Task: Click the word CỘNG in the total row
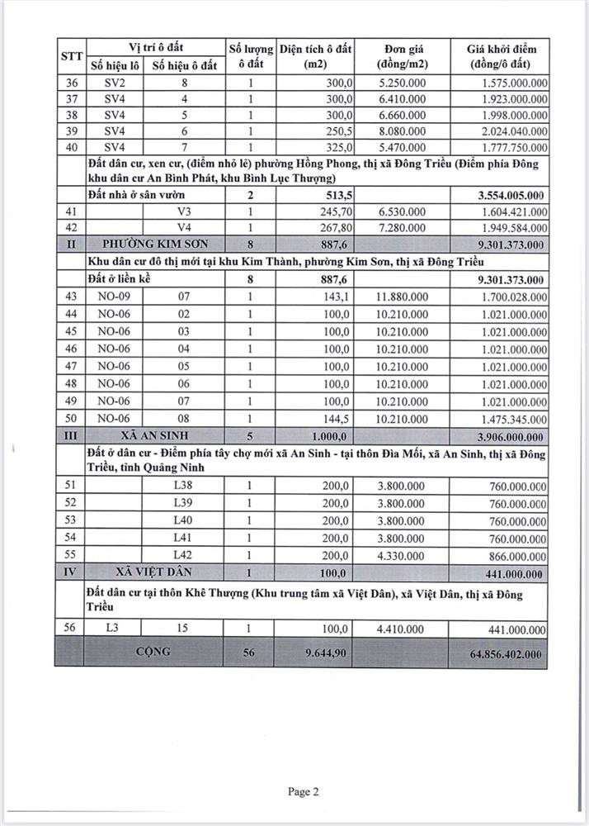tap(154, 651)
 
